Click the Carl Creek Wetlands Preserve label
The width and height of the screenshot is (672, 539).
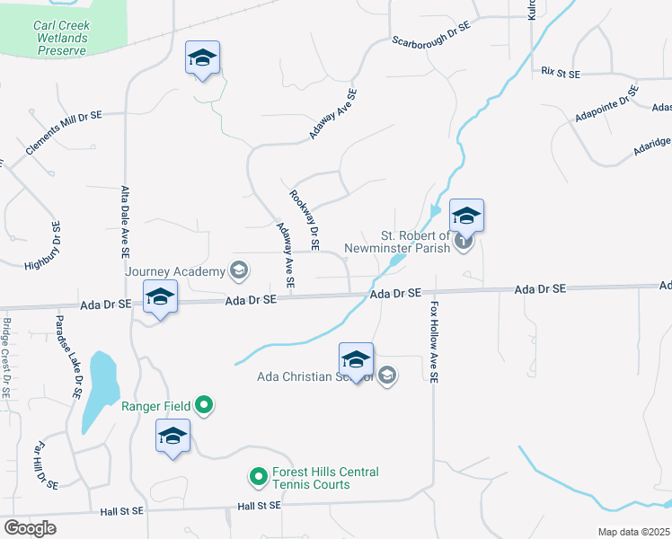click(x=62, y=38)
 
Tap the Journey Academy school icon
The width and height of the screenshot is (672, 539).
click(x=239, y=269)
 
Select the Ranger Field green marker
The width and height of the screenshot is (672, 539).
click(x=204, y=406)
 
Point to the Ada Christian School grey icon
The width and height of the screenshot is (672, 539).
click(x=387, y=376)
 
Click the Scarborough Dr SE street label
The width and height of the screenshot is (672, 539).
click(x=431, y=35)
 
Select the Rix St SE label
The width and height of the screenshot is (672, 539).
click(x=561, y=71)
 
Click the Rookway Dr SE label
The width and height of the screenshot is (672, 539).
click(x=305, y=219)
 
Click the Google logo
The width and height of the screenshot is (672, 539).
click(x=31, y=528)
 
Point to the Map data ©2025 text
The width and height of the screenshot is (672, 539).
click(x=634, y=532)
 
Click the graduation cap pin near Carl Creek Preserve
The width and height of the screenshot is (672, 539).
click(x=203, y=59)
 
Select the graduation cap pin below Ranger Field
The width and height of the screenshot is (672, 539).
click(x=172, y=437)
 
